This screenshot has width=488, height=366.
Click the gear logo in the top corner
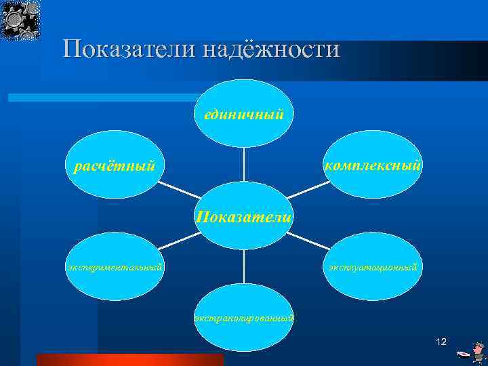(20, 20)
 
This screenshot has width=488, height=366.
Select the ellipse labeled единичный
(243, 113)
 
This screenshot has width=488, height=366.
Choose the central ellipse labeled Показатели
(244, 216)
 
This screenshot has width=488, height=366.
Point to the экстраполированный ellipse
(243, 317)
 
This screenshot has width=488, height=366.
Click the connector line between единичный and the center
(244, 164)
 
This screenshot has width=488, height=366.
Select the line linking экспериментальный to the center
(178, 242)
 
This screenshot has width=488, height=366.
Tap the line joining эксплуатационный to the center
(309, 241)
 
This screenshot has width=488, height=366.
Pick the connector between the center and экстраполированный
(244, 266)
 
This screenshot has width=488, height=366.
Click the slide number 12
(441, 342)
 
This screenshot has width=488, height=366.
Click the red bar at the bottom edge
(129, 360)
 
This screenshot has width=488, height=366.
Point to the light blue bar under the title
(102, 98)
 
